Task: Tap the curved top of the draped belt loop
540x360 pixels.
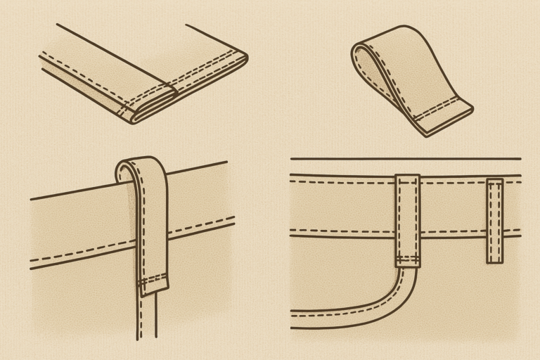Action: pos(141,163)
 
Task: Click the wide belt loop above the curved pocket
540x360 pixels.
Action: pos(407,219)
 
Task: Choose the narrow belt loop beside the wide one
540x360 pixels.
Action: pos(495,221)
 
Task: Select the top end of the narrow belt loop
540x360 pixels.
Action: pos(495,182)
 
